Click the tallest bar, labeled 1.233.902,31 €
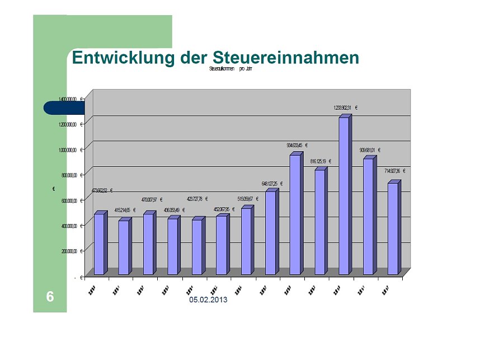344,196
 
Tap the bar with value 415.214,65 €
124,247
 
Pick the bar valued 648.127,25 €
271,232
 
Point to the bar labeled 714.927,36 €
393,228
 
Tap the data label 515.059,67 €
248,199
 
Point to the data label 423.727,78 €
197,199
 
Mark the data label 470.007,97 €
151,199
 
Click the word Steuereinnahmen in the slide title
286,58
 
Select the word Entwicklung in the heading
123,58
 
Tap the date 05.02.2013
208,301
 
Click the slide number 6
50,297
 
